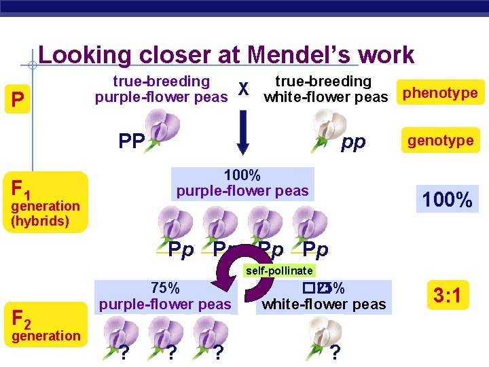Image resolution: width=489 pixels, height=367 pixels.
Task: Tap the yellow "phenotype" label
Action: click(x=440, y=93)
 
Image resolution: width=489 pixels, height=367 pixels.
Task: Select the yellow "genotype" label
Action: click(x=440, y=141)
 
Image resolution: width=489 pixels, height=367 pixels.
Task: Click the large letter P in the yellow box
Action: click(x=19, y=101)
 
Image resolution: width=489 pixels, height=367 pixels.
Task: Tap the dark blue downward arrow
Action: click(x=245, y=141)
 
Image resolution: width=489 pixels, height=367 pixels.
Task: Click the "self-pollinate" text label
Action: click(x=279, y=270)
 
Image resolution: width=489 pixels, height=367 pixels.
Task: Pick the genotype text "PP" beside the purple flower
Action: click(x=131, y=142)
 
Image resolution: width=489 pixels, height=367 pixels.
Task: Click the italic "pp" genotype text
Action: click(x=353, y=141)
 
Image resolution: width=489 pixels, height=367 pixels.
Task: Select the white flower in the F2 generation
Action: click(x=325, y=331)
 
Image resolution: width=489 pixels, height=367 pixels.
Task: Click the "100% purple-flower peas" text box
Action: click(x=242, y=183)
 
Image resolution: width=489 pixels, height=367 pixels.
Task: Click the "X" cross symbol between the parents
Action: click(x=245, y=90)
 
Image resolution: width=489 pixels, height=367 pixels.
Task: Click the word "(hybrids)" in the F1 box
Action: click(x=40, y=221)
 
